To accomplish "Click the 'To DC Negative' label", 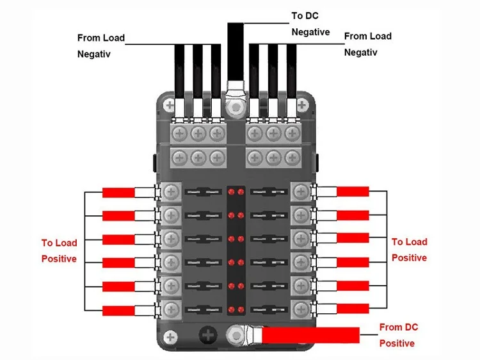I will [310, 23].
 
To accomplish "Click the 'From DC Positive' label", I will [397, 335].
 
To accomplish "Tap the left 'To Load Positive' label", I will [60, 250].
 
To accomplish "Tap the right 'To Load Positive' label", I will [410, 250].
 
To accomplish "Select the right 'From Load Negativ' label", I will [368, 44].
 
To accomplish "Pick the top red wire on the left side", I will [118, 193].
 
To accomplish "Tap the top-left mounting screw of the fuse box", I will [169, 105].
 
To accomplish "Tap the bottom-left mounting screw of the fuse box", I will [170, 337].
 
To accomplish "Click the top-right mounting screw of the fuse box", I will [301, 105].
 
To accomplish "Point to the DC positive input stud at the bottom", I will [237, 333].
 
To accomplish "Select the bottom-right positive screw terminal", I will [299, 307].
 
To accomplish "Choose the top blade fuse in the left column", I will [202, 192].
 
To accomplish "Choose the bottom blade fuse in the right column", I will [268, 307].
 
